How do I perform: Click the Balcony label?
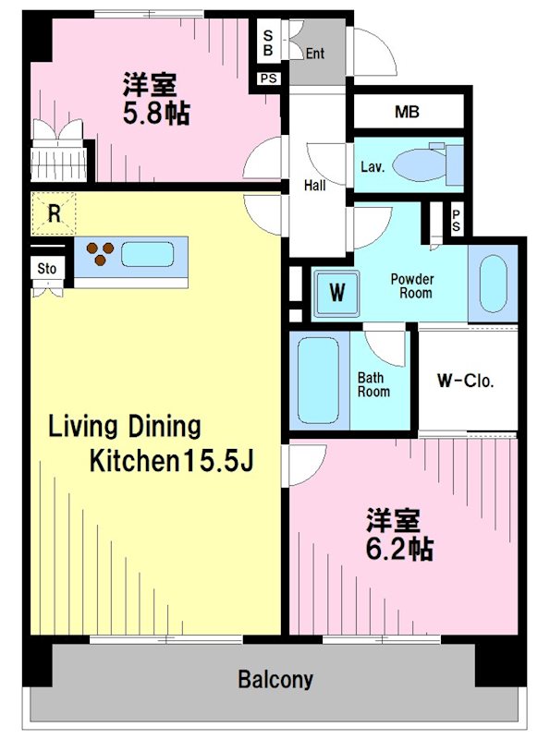click(275, 680)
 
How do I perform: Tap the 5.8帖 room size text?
click(156, 115)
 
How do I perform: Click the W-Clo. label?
click(465, 381)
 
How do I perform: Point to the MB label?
click(407, 113)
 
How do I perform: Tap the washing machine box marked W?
click(337, 294)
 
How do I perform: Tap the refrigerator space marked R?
click(55, 215)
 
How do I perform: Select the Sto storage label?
click(46, 270)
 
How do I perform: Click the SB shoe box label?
click(268, 42)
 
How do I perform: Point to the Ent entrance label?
click(314, 53)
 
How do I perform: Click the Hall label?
click(314, 186)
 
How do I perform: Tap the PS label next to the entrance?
click(269, 79)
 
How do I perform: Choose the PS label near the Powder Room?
click(457, 219)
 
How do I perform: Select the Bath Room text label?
click(373, 384)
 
